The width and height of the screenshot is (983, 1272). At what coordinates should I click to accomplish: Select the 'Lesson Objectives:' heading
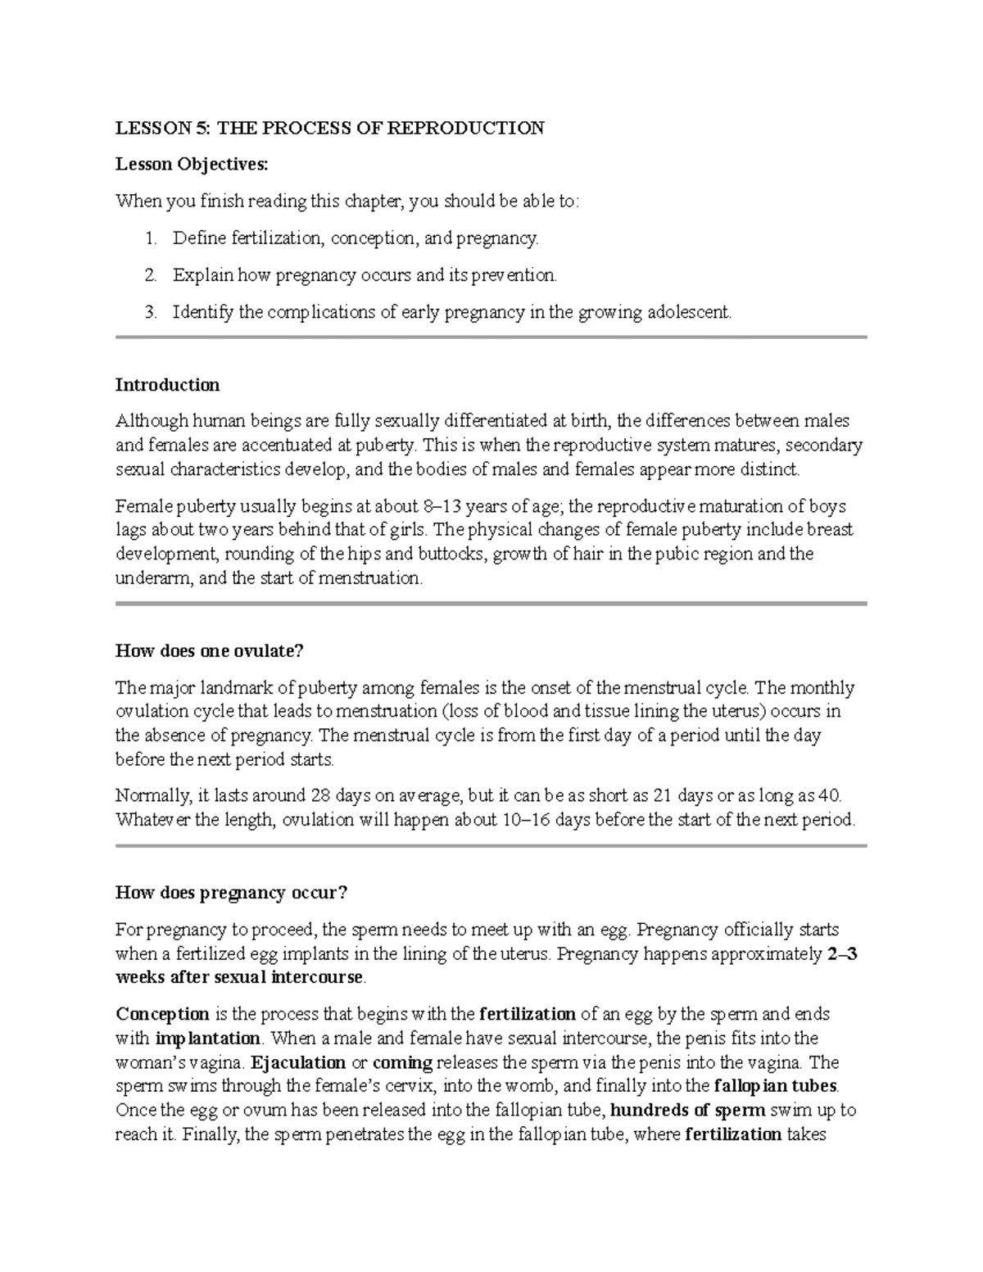191,165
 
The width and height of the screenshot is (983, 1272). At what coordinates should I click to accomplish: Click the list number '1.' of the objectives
149,238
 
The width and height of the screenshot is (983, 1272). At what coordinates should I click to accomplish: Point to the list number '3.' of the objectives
149,312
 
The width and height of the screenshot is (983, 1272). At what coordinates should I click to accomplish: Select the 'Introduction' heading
167,385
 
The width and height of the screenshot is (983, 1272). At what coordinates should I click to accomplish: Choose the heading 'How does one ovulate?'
209,651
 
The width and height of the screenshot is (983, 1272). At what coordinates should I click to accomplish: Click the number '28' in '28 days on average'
321,795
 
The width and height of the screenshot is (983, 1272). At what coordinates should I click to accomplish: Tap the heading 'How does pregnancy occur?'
231,893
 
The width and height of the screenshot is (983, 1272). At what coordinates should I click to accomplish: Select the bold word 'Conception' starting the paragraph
162,1015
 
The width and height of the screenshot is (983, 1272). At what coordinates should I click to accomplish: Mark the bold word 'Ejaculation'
298,1063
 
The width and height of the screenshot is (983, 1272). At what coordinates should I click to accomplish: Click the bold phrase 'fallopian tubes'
776,1087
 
